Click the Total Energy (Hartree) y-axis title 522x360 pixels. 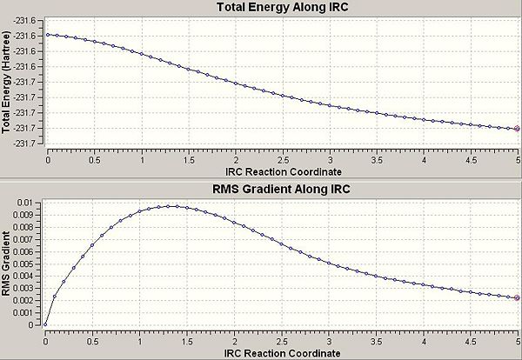tap(8, 83)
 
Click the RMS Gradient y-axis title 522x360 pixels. tap(8, 261)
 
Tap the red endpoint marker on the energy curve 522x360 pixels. tap(517, 129)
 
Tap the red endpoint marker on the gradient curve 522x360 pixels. tap(517, 297)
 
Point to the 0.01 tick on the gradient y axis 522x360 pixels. tap(28, 202)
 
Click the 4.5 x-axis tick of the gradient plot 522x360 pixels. tap(470, 337)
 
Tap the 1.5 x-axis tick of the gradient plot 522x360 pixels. tap(188, 337)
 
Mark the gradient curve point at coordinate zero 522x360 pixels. tap(47, 324)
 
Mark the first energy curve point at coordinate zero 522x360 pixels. tap(47, 35)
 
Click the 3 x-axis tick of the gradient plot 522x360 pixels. tap(329, 337)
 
